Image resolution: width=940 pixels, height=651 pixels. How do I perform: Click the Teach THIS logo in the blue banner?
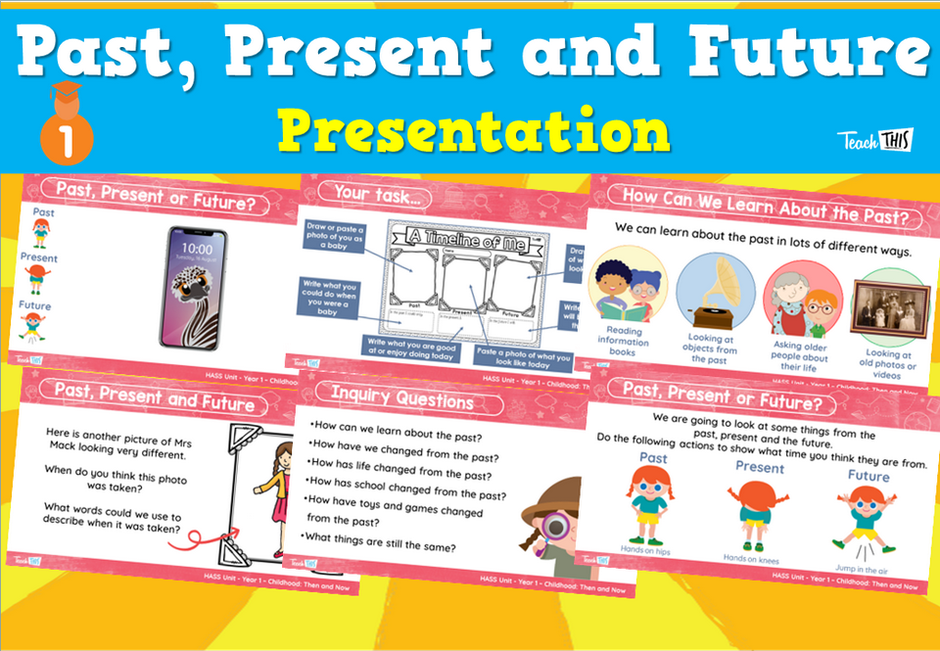click(x=874, y=139)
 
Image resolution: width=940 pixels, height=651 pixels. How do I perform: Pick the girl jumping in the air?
click(x=859, y=519)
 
